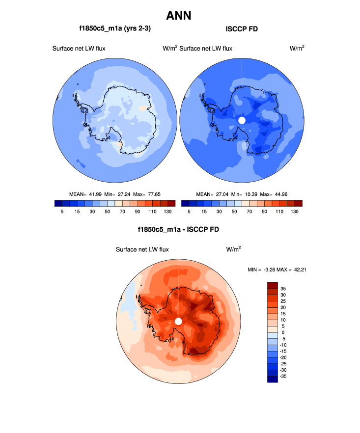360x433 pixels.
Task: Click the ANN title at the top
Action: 179,16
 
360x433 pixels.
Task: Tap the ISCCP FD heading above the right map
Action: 241,29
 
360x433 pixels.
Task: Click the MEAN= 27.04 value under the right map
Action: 213,194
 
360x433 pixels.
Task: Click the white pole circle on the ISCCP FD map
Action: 241,120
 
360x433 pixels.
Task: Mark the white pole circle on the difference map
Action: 178,321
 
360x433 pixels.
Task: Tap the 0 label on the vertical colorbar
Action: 283,333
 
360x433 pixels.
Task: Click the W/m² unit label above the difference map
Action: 233,249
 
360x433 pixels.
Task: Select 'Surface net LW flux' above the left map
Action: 79,48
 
